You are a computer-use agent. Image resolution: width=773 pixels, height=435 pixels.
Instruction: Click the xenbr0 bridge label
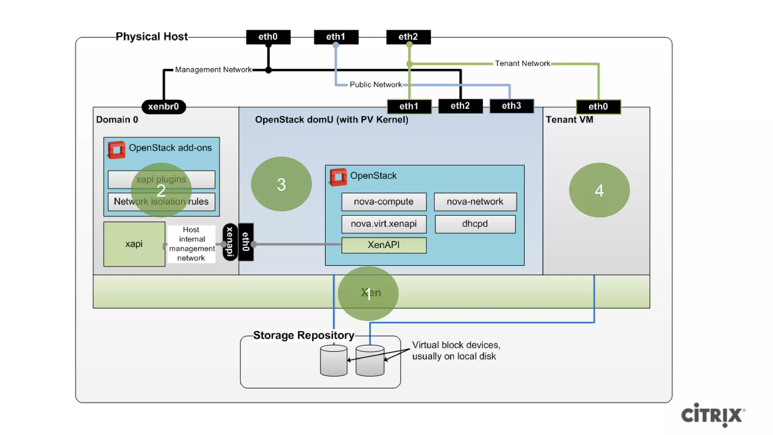(x=163, y=106)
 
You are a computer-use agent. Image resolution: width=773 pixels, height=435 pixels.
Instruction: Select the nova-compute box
(x=383, y=202)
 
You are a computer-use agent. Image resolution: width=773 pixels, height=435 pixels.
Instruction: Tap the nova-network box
(x=475, y=202)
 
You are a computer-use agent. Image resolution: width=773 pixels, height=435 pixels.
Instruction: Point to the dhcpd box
(x=475, y=224)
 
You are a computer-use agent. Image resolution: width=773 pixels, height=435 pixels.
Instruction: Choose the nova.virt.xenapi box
(x=383, y=224)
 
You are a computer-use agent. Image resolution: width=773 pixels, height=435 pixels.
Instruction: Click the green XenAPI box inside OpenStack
(x=383, y=245)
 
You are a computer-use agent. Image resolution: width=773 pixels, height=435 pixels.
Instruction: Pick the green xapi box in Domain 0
(x=134, y=244)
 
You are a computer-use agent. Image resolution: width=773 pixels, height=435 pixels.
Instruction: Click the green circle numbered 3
(x=281, y=184)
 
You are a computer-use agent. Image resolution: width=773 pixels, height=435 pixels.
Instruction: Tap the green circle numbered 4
(x=599, y=190)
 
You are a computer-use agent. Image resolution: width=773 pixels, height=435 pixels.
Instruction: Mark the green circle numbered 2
(x=161, y=190)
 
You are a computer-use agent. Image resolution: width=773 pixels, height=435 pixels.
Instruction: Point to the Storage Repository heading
(x=303, y=335)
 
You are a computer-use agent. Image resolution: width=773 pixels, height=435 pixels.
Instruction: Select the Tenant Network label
(x=522, y=63)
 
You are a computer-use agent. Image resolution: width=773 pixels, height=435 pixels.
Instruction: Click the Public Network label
(x=376, y=85)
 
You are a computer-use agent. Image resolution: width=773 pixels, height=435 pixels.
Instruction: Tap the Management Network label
(x=213, y=70)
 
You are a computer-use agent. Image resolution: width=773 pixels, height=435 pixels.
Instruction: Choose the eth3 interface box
(x=511, y=106)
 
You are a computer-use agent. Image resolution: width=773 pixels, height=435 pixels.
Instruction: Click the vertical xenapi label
(x=230, y=242)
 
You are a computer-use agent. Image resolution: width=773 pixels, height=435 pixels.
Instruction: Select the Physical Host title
(x=151, y=37)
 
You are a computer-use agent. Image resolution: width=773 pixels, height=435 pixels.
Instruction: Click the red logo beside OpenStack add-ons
(x=116, y=150)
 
